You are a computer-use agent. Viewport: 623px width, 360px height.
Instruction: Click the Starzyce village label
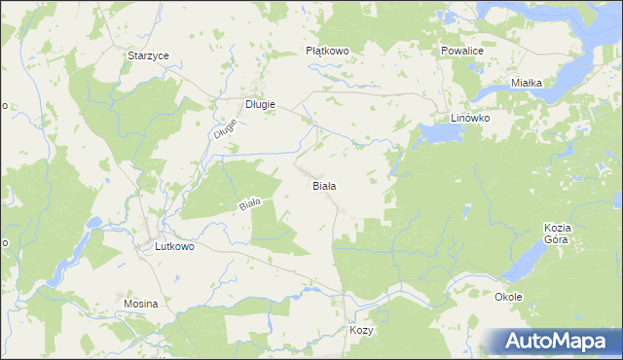click(148, 56)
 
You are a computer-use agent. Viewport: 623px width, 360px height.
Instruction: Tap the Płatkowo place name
click(327, 51)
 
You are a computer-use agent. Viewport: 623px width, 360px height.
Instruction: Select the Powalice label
click(460, 50)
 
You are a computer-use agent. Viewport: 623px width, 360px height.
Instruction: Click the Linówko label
click(469, 118)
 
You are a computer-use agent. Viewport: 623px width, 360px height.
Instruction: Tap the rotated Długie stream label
click(224, 128)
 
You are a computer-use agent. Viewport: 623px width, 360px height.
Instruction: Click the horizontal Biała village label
click(324, 185)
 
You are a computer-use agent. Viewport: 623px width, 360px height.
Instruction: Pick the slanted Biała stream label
click(251, 204)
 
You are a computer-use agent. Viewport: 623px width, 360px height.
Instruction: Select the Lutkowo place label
click(175, 247)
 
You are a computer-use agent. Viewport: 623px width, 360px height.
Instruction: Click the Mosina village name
click(141, 305)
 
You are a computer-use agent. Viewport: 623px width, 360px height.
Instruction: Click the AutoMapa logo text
click(558, 341)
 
